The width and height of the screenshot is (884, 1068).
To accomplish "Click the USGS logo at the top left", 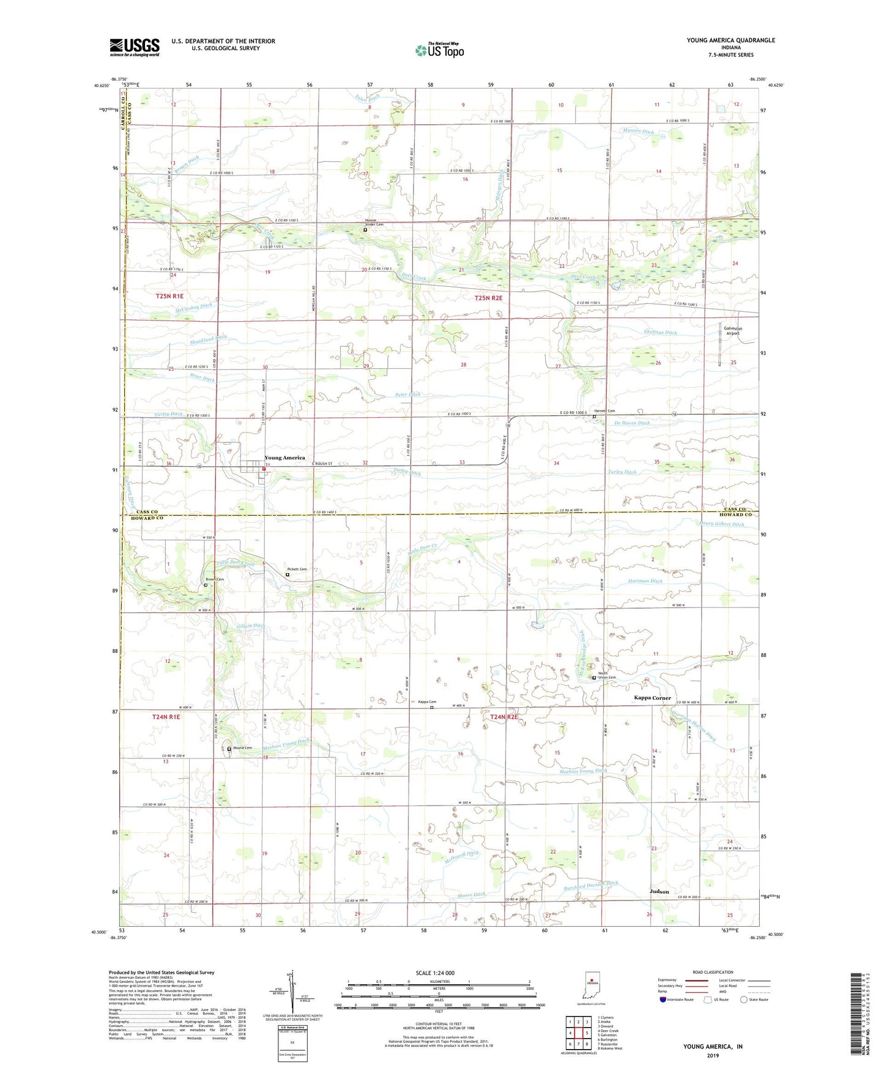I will (x=135, y=47).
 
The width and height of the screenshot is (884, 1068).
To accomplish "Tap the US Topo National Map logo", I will (x=439, y=50).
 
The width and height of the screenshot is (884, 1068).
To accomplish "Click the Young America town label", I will (x=284, y=458).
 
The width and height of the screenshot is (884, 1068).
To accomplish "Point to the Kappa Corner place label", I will (x=652, y=697).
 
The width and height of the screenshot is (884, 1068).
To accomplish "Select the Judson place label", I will (x=659, y=892).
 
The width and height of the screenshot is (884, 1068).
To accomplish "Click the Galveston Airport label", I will (x=733, y=330).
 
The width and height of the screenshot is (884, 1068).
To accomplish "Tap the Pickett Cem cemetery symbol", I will (x=288, y=574).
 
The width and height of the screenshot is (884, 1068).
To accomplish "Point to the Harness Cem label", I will (x=604, y=411).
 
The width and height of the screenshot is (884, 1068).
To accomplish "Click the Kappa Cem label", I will (x=427, y=702).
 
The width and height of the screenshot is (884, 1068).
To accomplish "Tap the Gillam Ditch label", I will (x=251, y=626).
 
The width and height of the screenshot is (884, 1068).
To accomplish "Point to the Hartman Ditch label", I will (x=645, y=581).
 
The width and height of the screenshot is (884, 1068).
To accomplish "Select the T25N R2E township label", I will (x=488, y=298).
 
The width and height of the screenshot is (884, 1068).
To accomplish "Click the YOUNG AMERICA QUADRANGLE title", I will (x=730, y=40).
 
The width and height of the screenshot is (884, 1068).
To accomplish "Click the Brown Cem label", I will (x=215, y=579).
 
